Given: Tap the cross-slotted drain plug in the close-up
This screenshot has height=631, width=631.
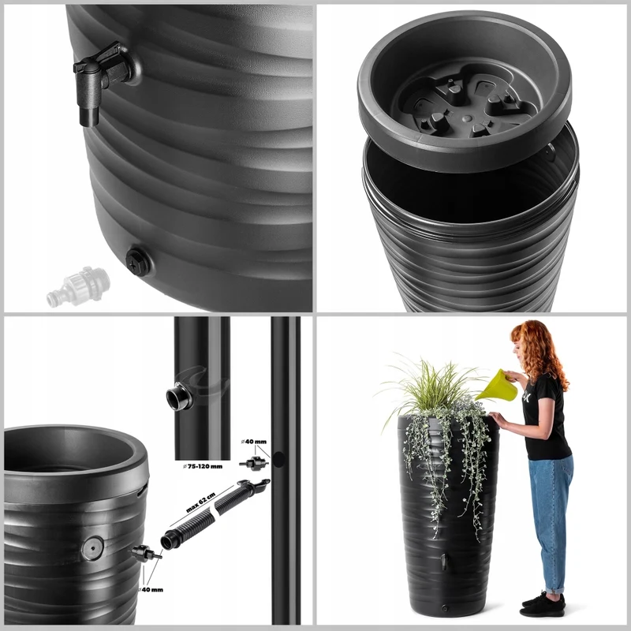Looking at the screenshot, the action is [x=138, y=262].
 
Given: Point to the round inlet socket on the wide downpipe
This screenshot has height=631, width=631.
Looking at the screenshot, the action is [x=179, y=396].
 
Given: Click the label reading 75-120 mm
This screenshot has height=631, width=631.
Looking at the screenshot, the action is [x=203, y=466].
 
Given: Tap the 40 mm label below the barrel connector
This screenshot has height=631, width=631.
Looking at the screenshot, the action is [x=151, y=589].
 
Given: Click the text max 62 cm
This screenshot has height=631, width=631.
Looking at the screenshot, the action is [x=201, y=502].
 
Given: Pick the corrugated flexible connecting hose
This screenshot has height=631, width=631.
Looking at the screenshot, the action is [x=213, y=514].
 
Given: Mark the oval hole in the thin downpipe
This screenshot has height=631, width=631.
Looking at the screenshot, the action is [x=278, y=460].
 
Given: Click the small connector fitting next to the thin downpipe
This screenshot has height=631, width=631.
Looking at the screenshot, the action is [x=254, y=464].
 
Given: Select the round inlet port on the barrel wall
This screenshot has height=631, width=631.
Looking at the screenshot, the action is [x=92, y=548].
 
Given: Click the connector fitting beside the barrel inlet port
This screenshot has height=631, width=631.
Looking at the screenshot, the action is [x=146, y=554].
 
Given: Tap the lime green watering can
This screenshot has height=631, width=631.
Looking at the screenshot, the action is [x=497, y=386].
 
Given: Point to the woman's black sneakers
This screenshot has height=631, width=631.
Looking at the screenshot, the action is [x=543, y=605].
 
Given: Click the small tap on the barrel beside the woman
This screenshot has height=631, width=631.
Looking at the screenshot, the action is [x=443, y=562].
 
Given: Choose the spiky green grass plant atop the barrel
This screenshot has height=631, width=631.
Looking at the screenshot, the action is [x=431, y=383].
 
